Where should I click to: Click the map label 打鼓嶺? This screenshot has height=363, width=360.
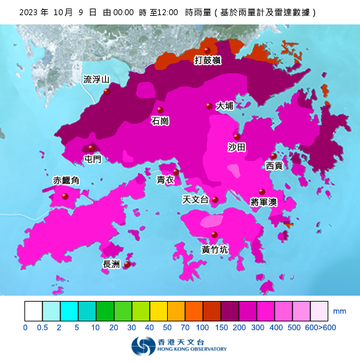pos(207,61)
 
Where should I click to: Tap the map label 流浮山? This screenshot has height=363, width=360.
pos(96,80)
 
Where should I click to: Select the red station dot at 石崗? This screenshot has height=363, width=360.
pos(159,110)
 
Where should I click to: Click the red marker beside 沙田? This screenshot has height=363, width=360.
pos(237,137)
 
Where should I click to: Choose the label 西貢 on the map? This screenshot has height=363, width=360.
pos(274,166)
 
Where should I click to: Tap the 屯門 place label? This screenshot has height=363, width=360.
pos(93,159)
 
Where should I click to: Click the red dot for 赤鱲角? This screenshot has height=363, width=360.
pos(65,196)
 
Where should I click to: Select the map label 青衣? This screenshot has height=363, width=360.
pos(165,180)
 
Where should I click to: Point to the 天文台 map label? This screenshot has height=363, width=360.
pos(195,199)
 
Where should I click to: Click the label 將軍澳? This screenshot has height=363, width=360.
pos(264,202)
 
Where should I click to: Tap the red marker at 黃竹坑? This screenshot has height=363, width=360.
pos(214,234)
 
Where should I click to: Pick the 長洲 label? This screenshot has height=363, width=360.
pos(111,265)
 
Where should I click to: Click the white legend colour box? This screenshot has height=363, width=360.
pos(34,311)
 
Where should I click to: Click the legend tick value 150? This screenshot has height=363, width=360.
pos(222,327)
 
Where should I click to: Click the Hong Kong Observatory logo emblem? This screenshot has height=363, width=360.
pos(140,346)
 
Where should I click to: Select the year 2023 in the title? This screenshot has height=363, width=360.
pos(31,13)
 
